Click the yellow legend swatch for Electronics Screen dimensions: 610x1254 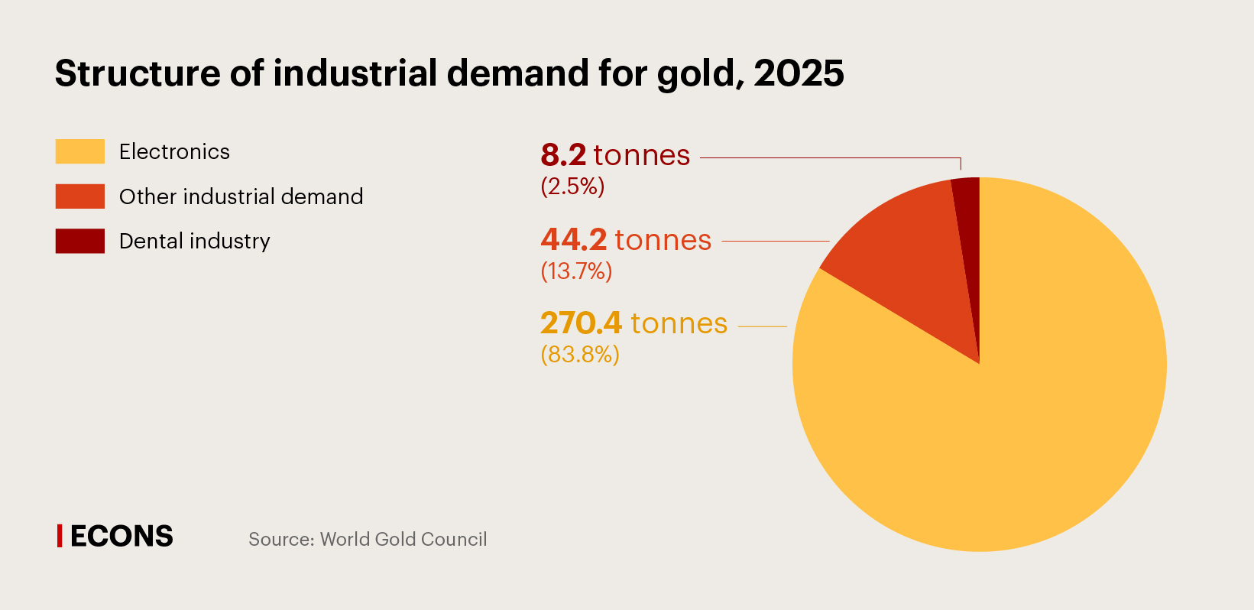79,151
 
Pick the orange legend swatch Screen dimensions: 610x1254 79,196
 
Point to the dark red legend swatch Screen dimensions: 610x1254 79,241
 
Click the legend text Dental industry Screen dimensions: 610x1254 194,242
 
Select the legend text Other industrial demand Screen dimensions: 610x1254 241,196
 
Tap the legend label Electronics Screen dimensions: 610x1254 174,151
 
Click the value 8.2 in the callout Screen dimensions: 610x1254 563,155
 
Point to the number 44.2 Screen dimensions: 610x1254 573,240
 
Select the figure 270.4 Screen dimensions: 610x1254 581,323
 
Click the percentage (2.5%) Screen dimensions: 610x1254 572,186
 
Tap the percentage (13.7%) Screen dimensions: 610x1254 576,271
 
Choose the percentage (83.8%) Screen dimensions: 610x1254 579,354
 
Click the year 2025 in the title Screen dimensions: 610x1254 799,73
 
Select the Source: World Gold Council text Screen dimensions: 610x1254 368,539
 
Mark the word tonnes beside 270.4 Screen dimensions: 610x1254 679,323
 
